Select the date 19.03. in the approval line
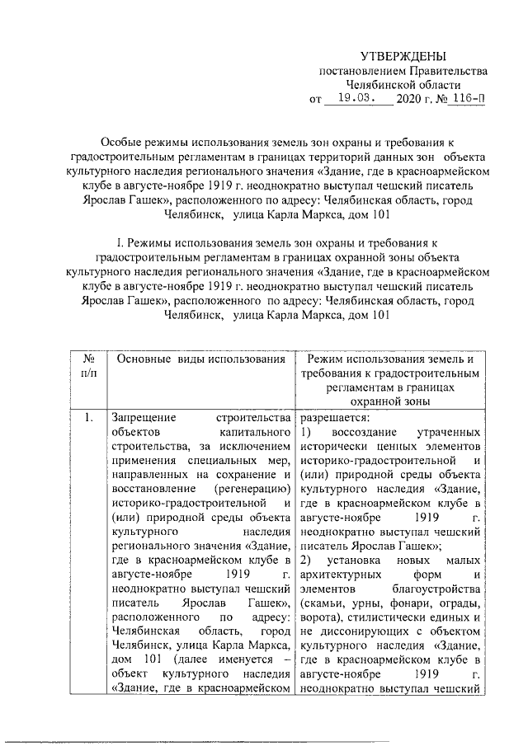(350, 99)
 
